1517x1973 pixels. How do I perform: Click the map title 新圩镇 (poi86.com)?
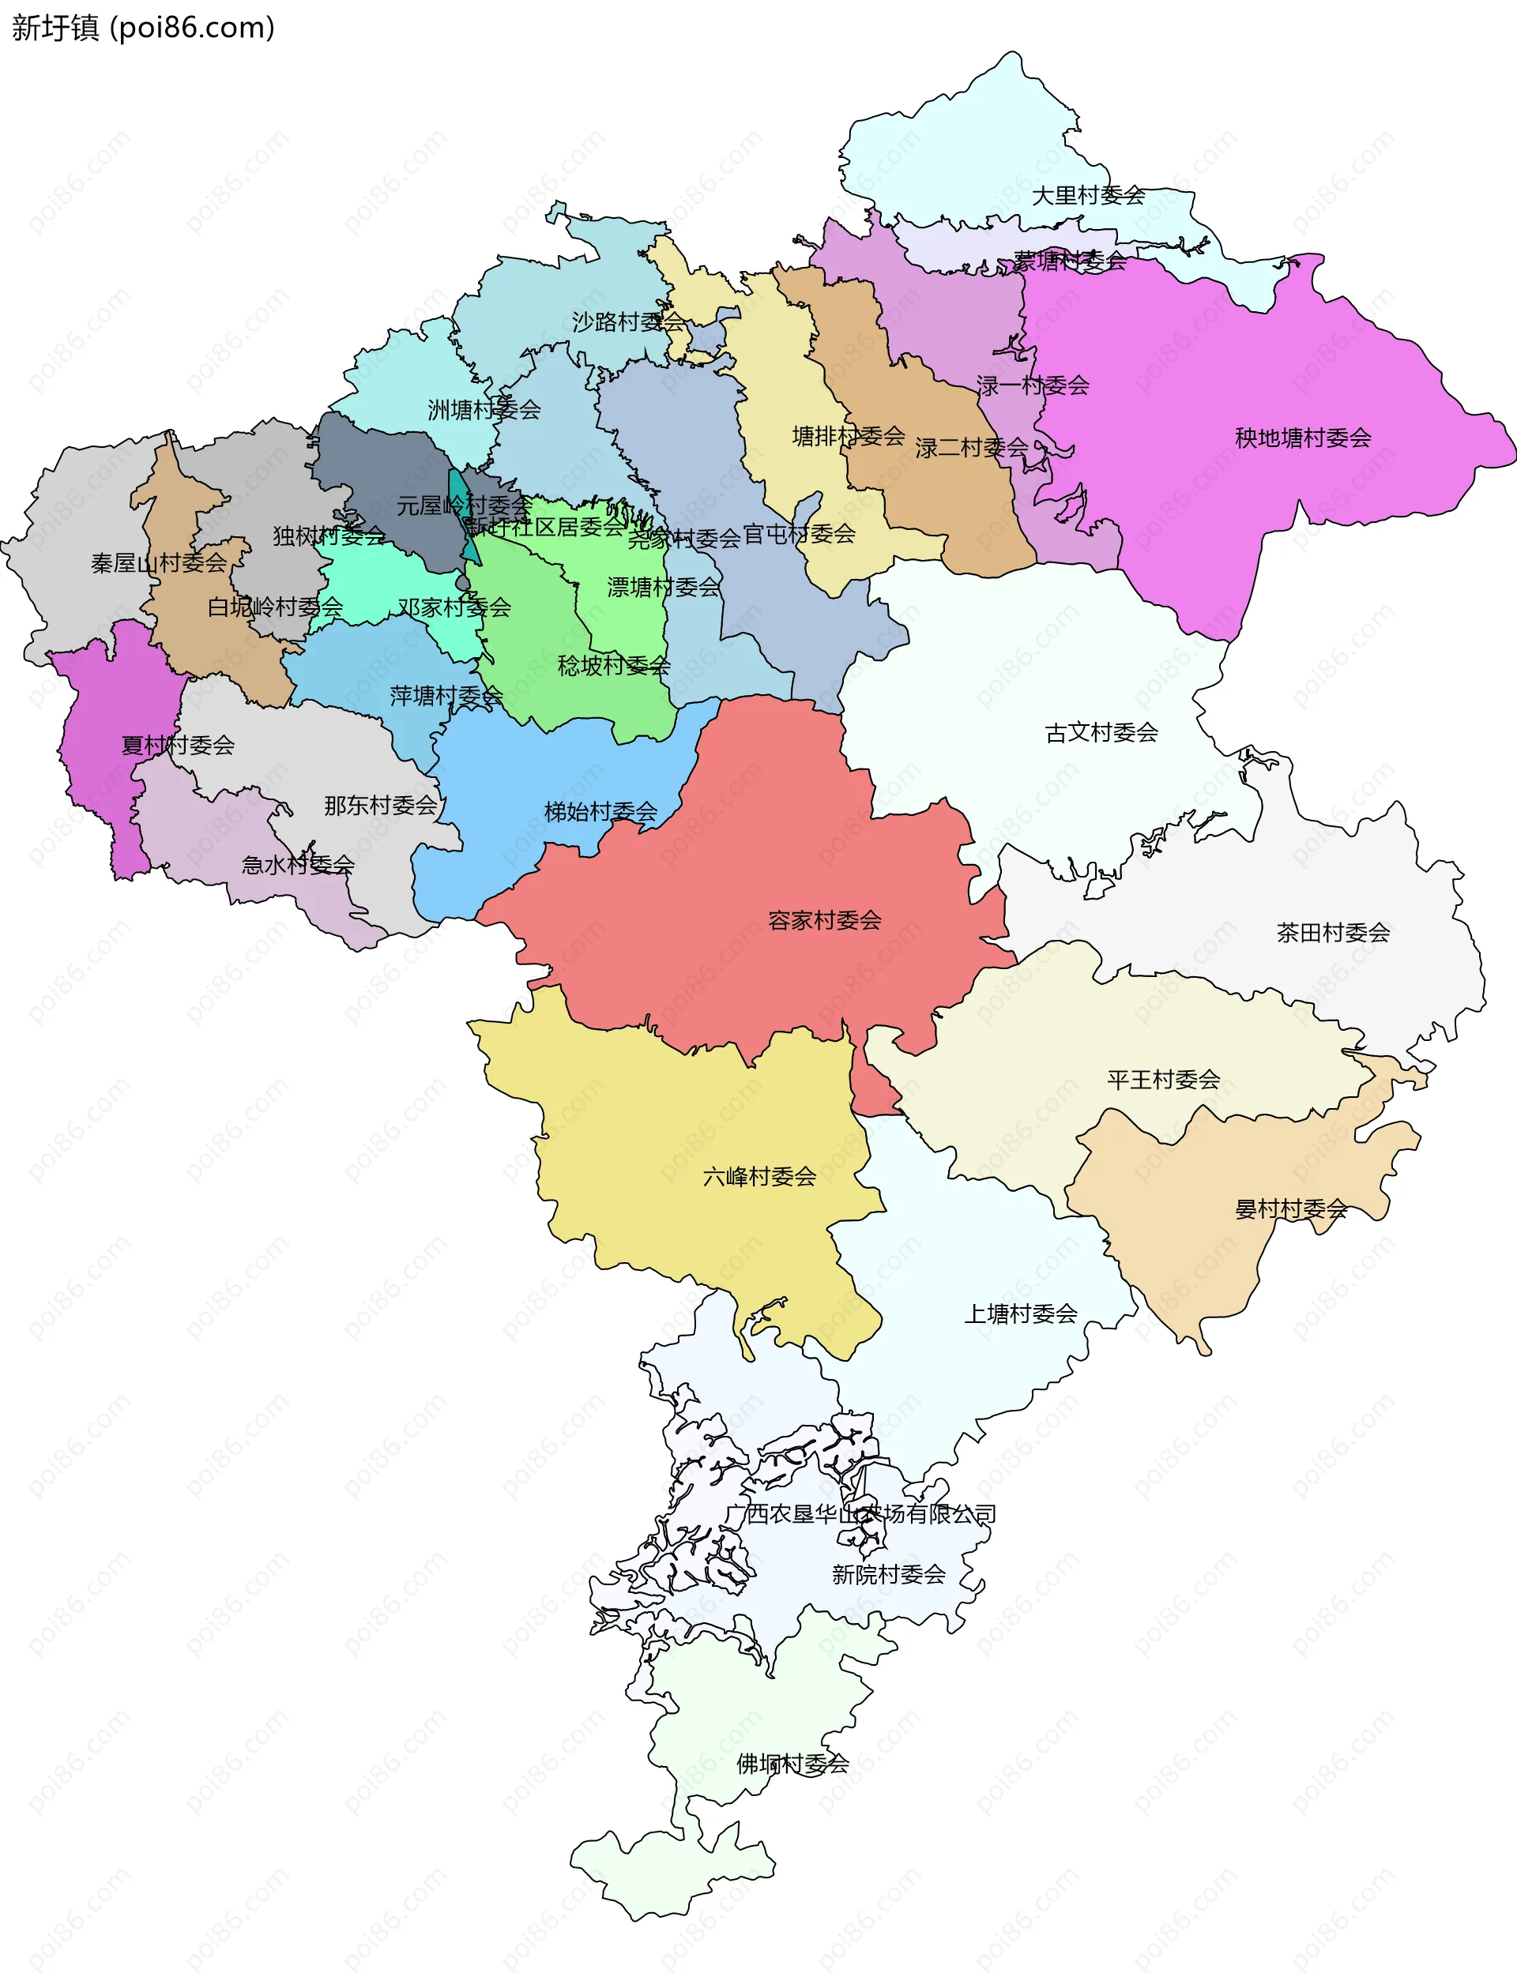coord(143,28)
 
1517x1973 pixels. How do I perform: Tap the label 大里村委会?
coord(1088,195)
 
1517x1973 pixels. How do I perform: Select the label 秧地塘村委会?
coord(1302,438)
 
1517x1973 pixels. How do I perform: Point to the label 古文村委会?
coord(1101,732)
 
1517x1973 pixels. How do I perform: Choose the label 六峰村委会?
coord(758,1176)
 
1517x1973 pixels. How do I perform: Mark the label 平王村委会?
coord(1163,1080)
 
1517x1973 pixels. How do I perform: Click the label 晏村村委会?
coord(1290,1208)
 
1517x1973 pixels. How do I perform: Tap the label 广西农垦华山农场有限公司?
coord(860,1513)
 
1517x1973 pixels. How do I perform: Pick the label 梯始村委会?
coord(600,811)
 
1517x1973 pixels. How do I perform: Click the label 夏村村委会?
coord(178,745)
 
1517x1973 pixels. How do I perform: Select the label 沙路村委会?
coord(627,321)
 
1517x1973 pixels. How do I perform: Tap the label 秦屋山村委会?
coord(159,563)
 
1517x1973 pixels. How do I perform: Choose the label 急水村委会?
coord(298,864)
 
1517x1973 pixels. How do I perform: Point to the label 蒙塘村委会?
coord(1069,261)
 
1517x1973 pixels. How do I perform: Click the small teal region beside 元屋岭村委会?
coord(457,492)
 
